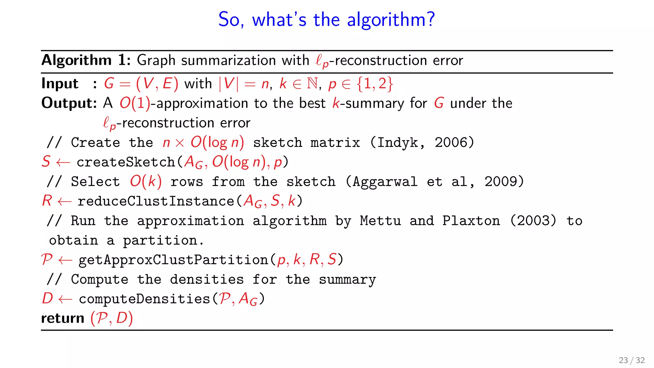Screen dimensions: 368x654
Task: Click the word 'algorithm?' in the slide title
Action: [391, 20]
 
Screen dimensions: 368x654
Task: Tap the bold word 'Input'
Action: [60, 84]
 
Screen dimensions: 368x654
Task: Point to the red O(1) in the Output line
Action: [135, 103]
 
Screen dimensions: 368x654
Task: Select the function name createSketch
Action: [126, 162]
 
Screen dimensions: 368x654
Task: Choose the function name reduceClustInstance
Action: [156, 201]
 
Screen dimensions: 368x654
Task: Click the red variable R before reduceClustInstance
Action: [47, 201]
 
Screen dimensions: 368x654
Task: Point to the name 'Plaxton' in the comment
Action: [471, 221]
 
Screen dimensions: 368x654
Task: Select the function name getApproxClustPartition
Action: [173, 260]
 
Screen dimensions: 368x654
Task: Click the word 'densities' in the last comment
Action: [207, 280]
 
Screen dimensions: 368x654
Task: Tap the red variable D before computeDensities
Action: [47, 299]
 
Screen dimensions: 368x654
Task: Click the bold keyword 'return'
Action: [63, 318]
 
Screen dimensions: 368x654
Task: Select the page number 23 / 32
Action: [631, 360]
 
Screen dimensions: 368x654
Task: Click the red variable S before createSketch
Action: [46, 162]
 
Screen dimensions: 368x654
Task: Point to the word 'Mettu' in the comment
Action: [380, 221]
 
